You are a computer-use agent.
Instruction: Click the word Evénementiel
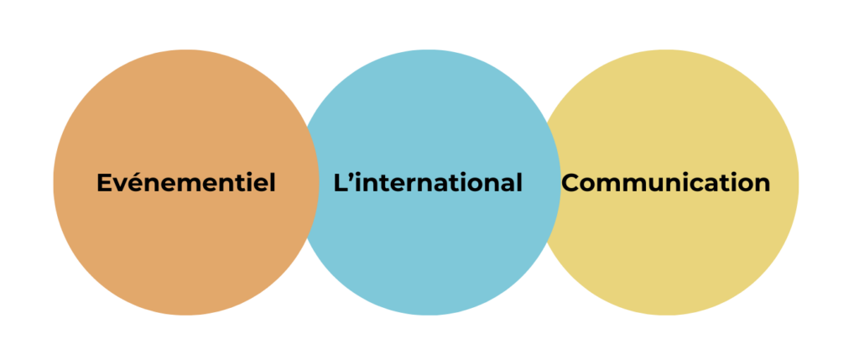click(185, 182)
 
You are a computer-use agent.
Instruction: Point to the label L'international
click(428, 182)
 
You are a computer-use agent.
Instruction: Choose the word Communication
click(665, 182)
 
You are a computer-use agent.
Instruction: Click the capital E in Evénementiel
click(104, 183)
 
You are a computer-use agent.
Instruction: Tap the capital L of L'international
click(341, 183)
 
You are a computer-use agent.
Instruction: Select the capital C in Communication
click(570, 183)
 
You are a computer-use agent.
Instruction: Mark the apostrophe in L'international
click(352, 176)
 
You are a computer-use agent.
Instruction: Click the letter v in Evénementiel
click(120, 185)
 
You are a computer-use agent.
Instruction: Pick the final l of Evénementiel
click(273, 182)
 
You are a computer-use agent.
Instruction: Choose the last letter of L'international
click(518, 182)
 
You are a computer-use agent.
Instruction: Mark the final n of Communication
click(763, 185)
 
